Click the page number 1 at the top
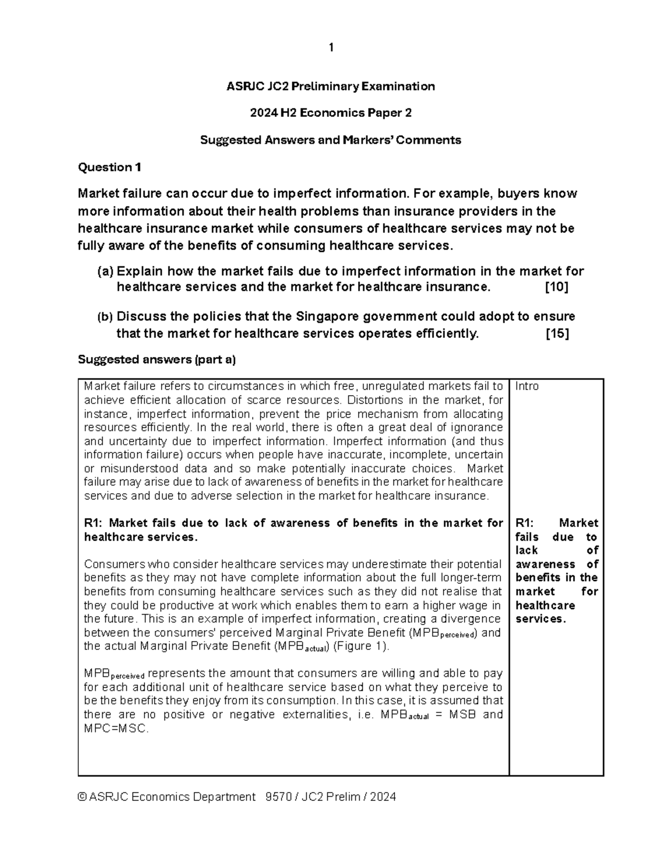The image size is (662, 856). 330,48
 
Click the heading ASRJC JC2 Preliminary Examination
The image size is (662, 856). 330,86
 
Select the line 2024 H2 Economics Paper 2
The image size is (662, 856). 330,113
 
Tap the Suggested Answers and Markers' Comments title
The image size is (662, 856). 330,140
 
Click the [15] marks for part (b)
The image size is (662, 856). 557,333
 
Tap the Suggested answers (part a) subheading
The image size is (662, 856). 157,360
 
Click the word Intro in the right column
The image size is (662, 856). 527,386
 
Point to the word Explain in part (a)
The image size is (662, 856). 140,272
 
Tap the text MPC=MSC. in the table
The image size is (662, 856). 116,728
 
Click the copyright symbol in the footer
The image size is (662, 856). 83,797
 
